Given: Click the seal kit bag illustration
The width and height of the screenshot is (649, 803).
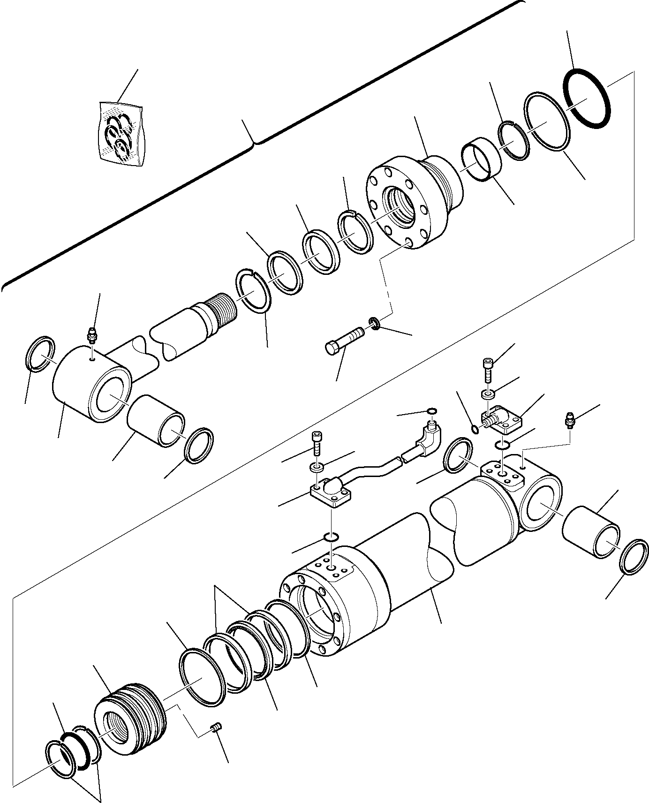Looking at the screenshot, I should [122, 135].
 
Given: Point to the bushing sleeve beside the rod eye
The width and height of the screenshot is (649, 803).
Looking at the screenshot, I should [156, 420].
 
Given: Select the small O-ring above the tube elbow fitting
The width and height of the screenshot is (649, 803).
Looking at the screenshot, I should [432, 412].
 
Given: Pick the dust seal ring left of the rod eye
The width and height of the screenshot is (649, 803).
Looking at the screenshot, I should [39, 354].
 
